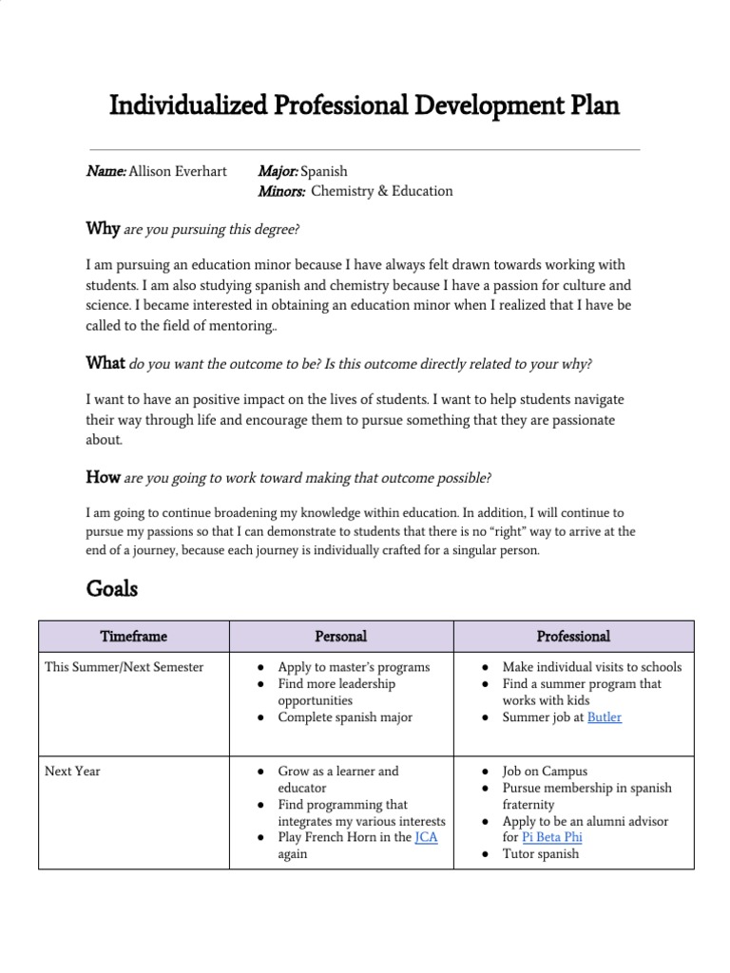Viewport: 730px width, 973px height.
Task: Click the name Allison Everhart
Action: (x=178, y=171)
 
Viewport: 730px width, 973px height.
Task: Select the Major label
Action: (x=278, y=171)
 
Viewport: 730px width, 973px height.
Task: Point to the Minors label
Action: (x=281, y=191)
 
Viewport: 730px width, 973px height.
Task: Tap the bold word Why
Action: (x=103, y=229)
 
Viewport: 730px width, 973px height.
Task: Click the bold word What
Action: (x=106, y=363)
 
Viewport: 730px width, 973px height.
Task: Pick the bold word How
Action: (x=103, y=477)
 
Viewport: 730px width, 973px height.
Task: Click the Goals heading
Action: (x=111, y=589)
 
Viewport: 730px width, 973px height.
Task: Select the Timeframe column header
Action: (x=133, y=637)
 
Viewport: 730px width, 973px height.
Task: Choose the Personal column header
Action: (x=340, y=637)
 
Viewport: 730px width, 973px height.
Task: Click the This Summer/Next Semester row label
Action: (x=125, y=667)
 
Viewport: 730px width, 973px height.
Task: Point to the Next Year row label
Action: (x=72, y=772)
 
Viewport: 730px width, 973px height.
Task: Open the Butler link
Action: (x=605, y=717)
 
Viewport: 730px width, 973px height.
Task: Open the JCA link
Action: (x=427, y=837)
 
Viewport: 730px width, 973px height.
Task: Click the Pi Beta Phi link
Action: (x=552, y=837)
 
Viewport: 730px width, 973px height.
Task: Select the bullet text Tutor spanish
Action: (x=540, y=853)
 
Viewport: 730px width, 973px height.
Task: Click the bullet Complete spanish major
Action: (x=345, y=717)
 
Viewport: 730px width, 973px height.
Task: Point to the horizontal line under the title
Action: (x=364, y=150)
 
